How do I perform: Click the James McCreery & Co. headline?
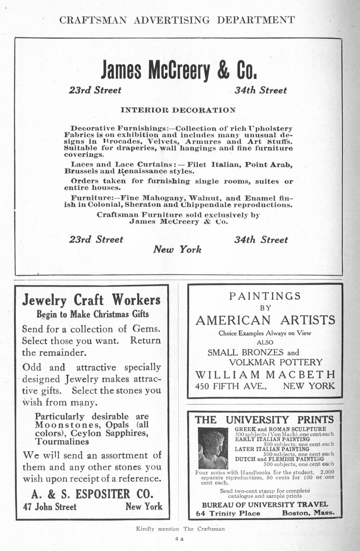(x=178, y=70)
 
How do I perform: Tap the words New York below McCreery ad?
(x=177, y=250)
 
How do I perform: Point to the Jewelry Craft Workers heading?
(x=91, y=300)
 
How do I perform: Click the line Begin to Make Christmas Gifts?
(x=93, y=314)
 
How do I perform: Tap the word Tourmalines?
(x=62, y=442)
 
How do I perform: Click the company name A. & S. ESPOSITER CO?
(x=92, y=494)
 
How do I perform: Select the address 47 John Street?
(x=50, y=507)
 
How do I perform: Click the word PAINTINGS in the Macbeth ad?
(x=265, y=296)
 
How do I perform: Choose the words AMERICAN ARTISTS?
(x=265, y=320)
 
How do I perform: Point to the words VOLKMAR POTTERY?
(x=275, y=362)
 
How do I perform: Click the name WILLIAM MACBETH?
(x=265, y=375)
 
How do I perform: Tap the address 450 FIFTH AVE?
(x=231, y=386)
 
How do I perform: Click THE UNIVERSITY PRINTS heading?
(x=264, y=420)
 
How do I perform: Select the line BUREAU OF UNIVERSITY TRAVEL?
(x=265, y=504)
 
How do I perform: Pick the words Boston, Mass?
(x=308, y=513)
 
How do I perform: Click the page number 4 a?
(x=178, y=539)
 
